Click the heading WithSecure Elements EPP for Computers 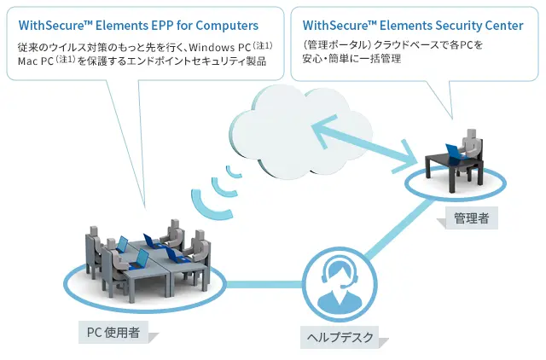[138, 26]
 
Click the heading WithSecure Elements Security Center [413, 26]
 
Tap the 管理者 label [471, 218]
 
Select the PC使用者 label [113, 333]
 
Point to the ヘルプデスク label [340, 337]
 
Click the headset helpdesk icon [340, 284]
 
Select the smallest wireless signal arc [233, 172]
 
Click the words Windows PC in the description [220, 47]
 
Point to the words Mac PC [36, 61]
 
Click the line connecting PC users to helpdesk [264, 284]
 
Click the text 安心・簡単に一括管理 [351, 59]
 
